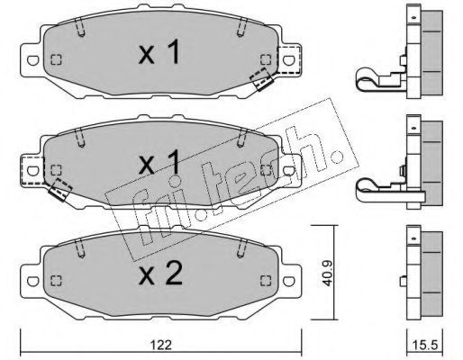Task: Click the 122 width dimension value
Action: [x=161, y=345]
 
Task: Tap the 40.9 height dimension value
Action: [x=327, y=273]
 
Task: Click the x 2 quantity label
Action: [x=160, y=274]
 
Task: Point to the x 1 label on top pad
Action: [x=159, y=52]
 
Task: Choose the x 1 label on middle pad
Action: [x=159, y=163]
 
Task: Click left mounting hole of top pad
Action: [x=32, y=60]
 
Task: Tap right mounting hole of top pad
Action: [x=288, y=60]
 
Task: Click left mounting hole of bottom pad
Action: [x=32, y=281]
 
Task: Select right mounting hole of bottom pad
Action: [x=288, y=281]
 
